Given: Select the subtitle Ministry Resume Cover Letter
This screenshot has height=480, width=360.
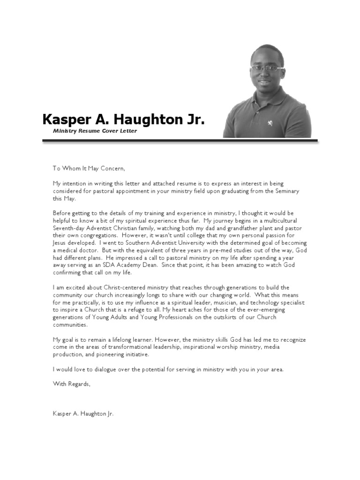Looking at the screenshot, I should pos(95,131).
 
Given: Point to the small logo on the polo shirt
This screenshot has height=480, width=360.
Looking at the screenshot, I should pos(270,123).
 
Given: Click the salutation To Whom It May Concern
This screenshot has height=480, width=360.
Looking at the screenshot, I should pos(89,168).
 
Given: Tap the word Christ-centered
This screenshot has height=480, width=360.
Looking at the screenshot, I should pos(118,287).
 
